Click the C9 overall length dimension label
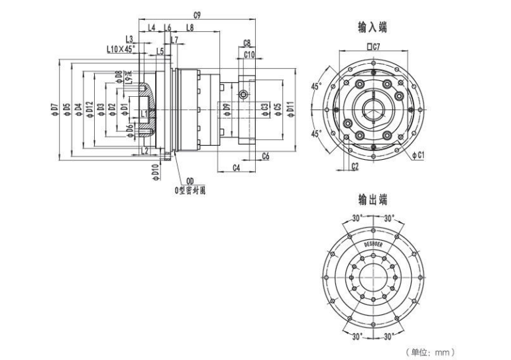coord(197,14)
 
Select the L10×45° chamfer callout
coord(121,49)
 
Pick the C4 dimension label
coord(237,167)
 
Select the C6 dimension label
coord(264,156)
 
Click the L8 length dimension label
coord(190,28)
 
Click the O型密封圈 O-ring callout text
coord(190,190)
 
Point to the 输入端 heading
coord(372,27)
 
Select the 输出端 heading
coord(372,199)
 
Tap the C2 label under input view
coord(355,166)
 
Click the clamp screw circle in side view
coord(245,95)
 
